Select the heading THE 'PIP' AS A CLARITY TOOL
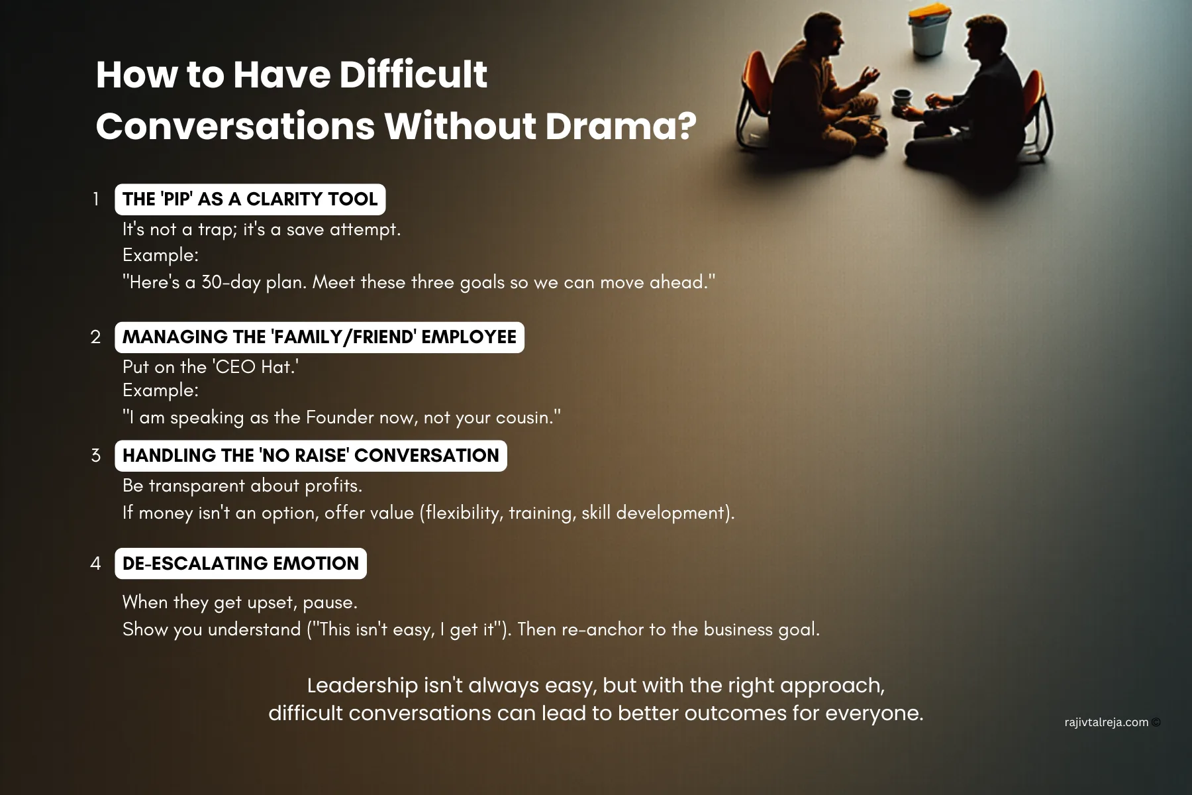pos(250,199)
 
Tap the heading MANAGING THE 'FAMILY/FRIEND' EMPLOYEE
pos(319,337)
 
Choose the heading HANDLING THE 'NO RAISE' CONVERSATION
pos(311,456)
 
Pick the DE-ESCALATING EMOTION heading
pos(240,564)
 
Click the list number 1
pos(96,199)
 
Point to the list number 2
pos(96,337)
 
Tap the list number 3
pos(96,456)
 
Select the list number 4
pos(96,564)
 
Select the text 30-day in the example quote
pos(230,283)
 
